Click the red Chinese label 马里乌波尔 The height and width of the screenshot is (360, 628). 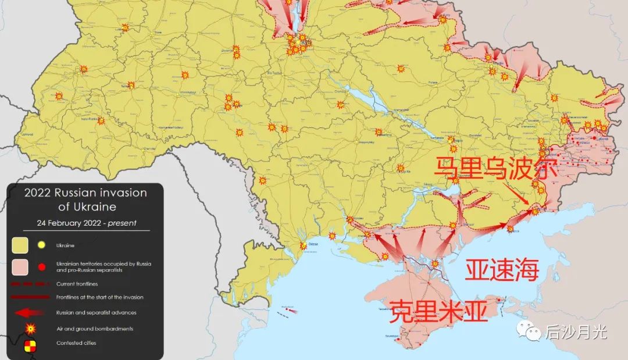tap(495, 169)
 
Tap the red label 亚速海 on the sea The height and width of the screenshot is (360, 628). tap(502, 271)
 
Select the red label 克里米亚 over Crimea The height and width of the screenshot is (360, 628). tap(438, 312)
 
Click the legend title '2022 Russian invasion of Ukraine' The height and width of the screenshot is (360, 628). tap(85, 199)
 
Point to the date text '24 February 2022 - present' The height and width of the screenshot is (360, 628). tap(86, 223)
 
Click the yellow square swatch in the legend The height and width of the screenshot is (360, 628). tap(21, 245)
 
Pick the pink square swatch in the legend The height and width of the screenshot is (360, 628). tap(21, 266)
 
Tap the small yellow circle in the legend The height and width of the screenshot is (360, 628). tap(41, 245)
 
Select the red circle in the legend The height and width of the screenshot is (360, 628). tap(41, 266)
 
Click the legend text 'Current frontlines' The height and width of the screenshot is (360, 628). tap(77, 284)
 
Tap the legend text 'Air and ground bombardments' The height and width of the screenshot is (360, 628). tap(95, 329)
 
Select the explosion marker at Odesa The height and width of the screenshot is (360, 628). tap(303, 246)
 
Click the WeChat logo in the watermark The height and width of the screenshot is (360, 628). tap(533, 332)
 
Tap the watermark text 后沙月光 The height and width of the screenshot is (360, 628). tap(576, 332)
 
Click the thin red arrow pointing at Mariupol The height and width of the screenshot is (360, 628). tap(519, 194)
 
